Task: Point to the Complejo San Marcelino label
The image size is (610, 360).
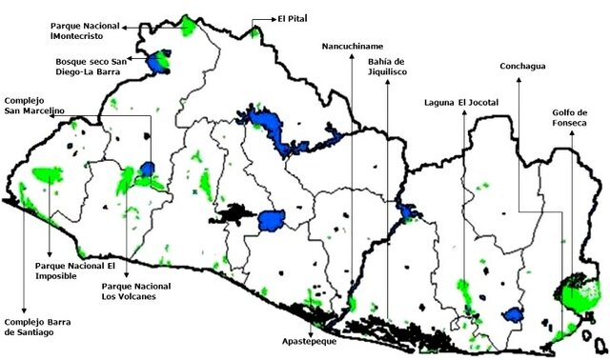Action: click(x=34, y=106)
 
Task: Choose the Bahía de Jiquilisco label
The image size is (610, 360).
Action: click(x=386, y=68)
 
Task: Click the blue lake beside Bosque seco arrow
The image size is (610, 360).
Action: click(x=156, y=61)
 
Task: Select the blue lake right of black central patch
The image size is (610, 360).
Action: click(x=273, y=220)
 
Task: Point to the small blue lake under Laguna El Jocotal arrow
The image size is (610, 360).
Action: click(x=514, y=314)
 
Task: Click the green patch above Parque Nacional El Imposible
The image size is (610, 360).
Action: click(x=47, y=175)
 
